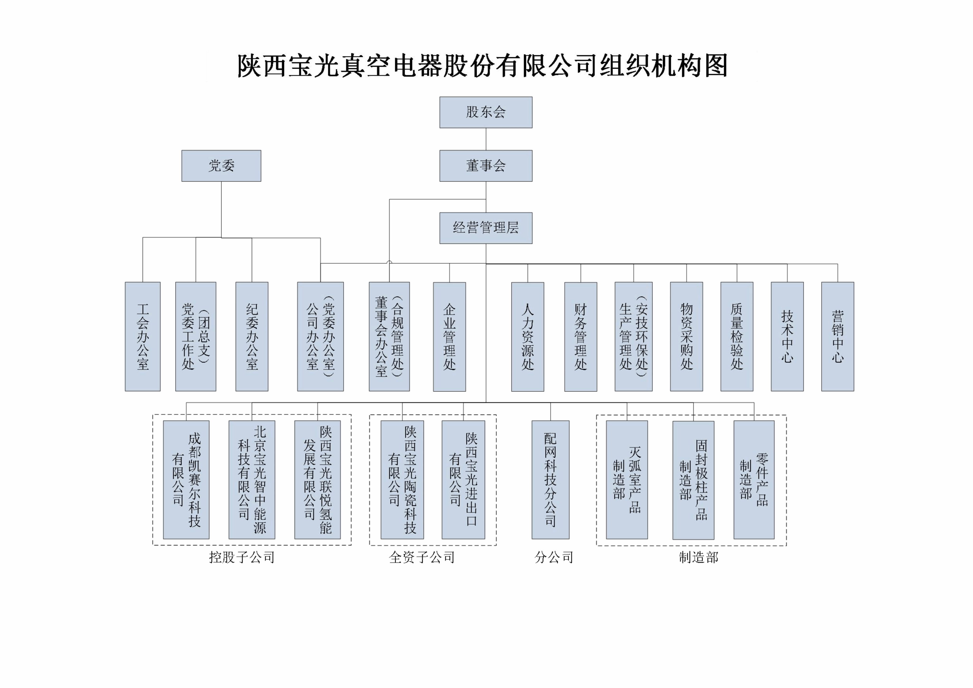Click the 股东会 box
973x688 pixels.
tap(486, 112)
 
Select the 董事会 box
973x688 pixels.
tap(486, 166)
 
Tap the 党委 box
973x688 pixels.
tap(221, 166)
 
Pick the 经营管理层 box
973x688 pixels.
tap(486, 228)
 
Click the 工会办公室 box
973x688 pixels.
tap(142, 337)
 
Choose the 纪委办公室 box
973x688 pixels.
tap(252, 337)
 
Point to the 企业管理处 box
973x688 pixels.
tap(449, 337)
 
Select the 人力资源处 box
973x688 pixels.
tap(528, 337)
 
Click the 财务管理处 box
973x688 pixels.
tap(581, 337)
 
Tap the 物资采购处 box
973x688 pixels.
tap(687, 337)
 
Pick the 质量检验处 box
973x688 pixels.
tap(737, 337)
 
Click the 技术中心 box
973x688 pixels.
tap(787, 337)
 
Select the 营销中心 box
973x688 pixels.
tap(837, 337)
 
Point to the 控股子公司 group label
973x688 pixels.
tap(242, 557)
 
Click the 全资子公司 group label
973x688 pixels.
tap(422, 557)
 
